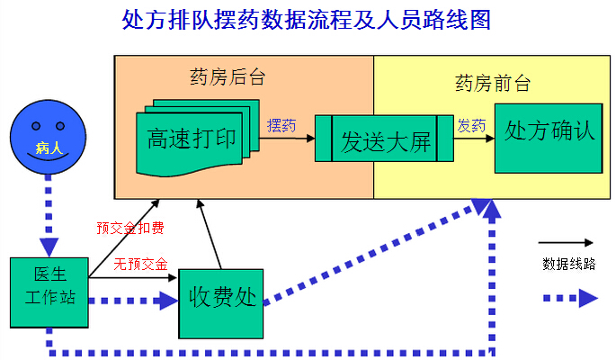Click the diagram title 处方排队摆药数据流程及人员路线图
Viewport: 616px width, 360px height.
[x=307, y=20]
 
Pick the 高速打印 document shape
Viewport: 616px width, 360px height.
[x=192, y=139]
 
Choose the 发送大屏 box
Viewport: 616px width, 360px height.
[x=385, y=139]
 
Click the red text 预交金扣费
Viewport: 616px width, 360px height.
[x=130, y=228]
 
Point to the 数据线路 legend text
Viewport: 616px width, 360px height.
[x=568, y=264]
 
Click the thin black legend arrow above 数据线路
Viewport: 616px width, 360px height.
[x=567, y=242]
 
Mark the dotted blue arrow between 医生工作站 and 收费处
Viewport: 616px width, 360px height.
[x=135, y=301]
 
